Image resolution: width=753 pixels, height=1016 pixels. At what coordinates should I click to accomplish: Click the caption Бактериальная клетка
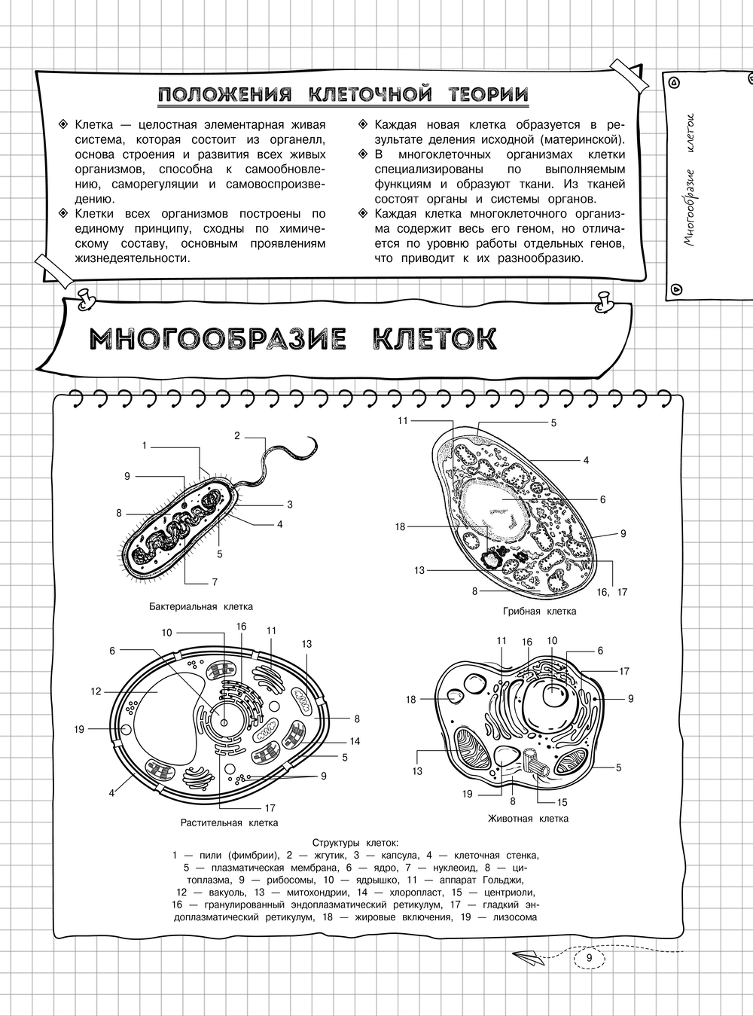(x=201, y=606)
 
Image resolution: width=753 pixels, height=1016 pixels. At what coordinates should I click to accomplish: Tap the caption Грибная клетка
(x=539, y=611)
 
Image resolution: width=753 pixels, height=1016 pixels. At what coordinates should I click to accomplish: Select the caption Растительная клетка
(x=229, y=822)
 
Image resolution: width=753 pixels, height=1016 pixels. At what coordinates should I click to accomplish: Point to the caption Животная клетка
(x=528, y=818)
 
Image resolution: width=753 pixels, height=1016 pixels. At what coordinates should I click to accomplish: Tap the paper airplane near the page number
(x=531, y=957)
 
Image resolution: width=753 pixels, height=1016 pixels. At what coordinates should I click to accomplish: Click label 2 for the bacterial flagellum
(x=237, y=435)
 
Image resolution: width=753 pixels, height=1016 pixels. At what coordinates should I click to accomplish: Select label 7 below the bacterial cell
(x=215, y=582)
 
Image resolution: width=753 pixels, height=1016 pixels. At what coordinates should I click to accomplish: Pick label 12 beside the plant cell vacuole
(x=96, y=691)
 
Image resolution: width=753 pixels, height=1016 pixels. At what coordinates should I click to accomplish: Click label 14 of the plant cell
(x=355, y=741)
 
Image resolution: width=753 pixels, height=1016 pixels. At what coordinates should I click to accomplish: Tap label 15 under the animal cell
(x=562, y=802)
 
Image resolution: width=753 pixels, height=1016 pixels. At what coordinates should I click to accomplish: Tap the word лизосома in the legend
(x=514, y=917)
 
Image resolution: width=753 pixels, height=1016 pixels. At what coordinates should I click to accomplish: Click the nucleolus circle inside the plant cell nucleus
(x=224, y=722)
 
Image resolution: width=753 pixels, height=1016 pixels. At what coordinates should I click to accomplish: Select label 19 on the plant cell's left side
(x=79, y=728)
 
